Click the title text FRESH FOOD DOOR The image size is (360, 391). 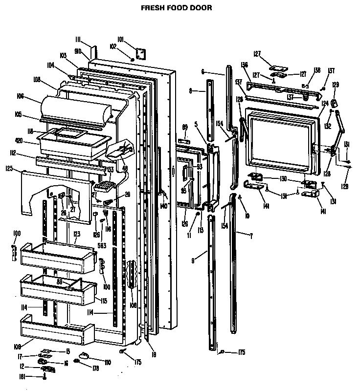click(x=177, y=8)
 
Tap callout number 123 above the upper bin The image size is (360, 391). click(x=76, y=234)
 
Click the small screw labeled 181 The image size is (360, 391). click(x=45, y=377)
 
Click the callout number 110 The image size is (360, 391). click(x=107, y=362)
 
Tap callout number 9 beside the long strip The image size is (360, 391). click(x=193, y=261)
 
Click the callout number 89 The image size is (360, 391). click(x=184, y=127)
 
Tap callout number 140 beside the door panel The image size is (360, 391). click(x=163, y=206)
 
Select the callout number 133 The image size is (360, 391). click(x=111, y=169)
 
